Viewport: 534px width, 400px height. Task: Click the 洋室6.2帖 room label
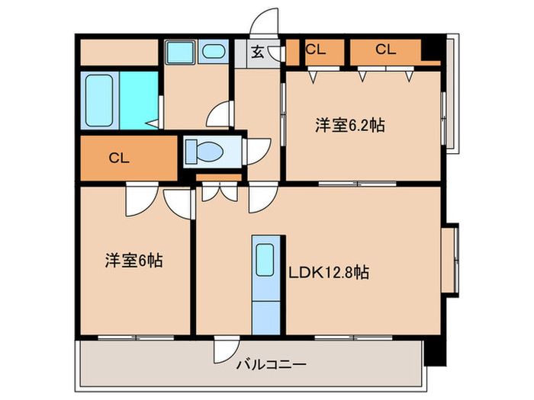coord(349,126)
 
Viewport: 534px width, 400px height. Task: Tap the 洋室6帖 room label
coord(133,261)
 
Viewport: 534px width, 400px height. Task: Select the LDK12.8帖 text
coord(329,272)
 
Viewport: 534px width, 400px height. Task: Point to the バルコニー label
coord(270,365)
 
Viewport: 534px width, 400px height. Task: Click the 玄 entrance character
coord(258,53)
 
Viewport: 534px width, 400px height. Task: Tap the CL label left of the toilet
coord(118,158)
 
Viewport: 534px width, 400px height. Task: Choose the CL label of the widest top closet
coord(385,50)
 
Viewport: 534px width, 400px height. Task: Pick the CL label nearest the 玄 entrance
coord(315,50)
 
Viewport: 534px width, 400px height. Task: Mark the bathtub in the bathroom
coord(99,101)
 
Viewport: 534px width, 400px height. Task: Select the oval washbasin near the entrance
coord(214,52)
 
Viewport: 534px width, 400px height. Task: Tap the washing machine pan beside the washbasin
coord(180,52)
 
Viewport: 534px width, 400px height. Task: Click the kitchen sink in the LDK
coord(264,259)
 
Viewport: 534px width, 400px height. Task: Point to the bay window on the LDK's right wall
coord(452,257)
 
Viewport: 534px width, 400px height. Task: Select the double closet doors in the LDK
coord(218,190)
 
